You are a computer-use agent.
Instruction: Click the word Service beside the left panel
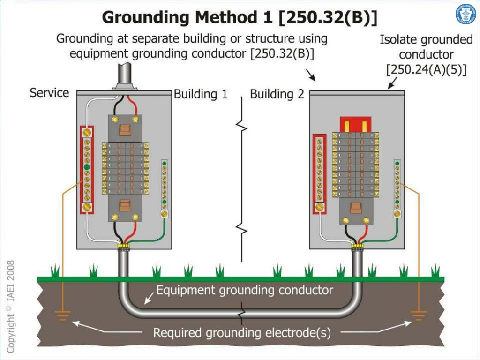click(49, 93)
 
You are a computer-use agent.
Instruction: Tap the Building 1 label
click(201, 94)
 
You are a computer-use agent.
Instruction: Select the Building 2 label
click(277, 94)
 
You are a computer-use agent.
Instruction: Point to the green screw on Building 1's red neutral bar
click(87, 167)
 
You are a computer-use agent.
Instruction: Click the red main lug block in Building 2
click(355, 125)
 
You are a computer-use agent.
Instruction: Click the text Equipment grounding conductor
click(244, 290)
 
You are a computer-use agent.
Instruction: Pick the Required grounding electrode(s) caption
click(242, 333)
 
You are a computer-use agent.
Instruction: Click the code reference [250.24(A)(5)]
click(426, 70)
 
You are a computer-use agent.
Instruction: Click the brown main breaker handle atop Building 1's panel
click(125, 130)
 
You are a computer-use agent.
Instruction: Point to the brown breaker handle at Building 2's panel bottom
click(356, 208)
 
